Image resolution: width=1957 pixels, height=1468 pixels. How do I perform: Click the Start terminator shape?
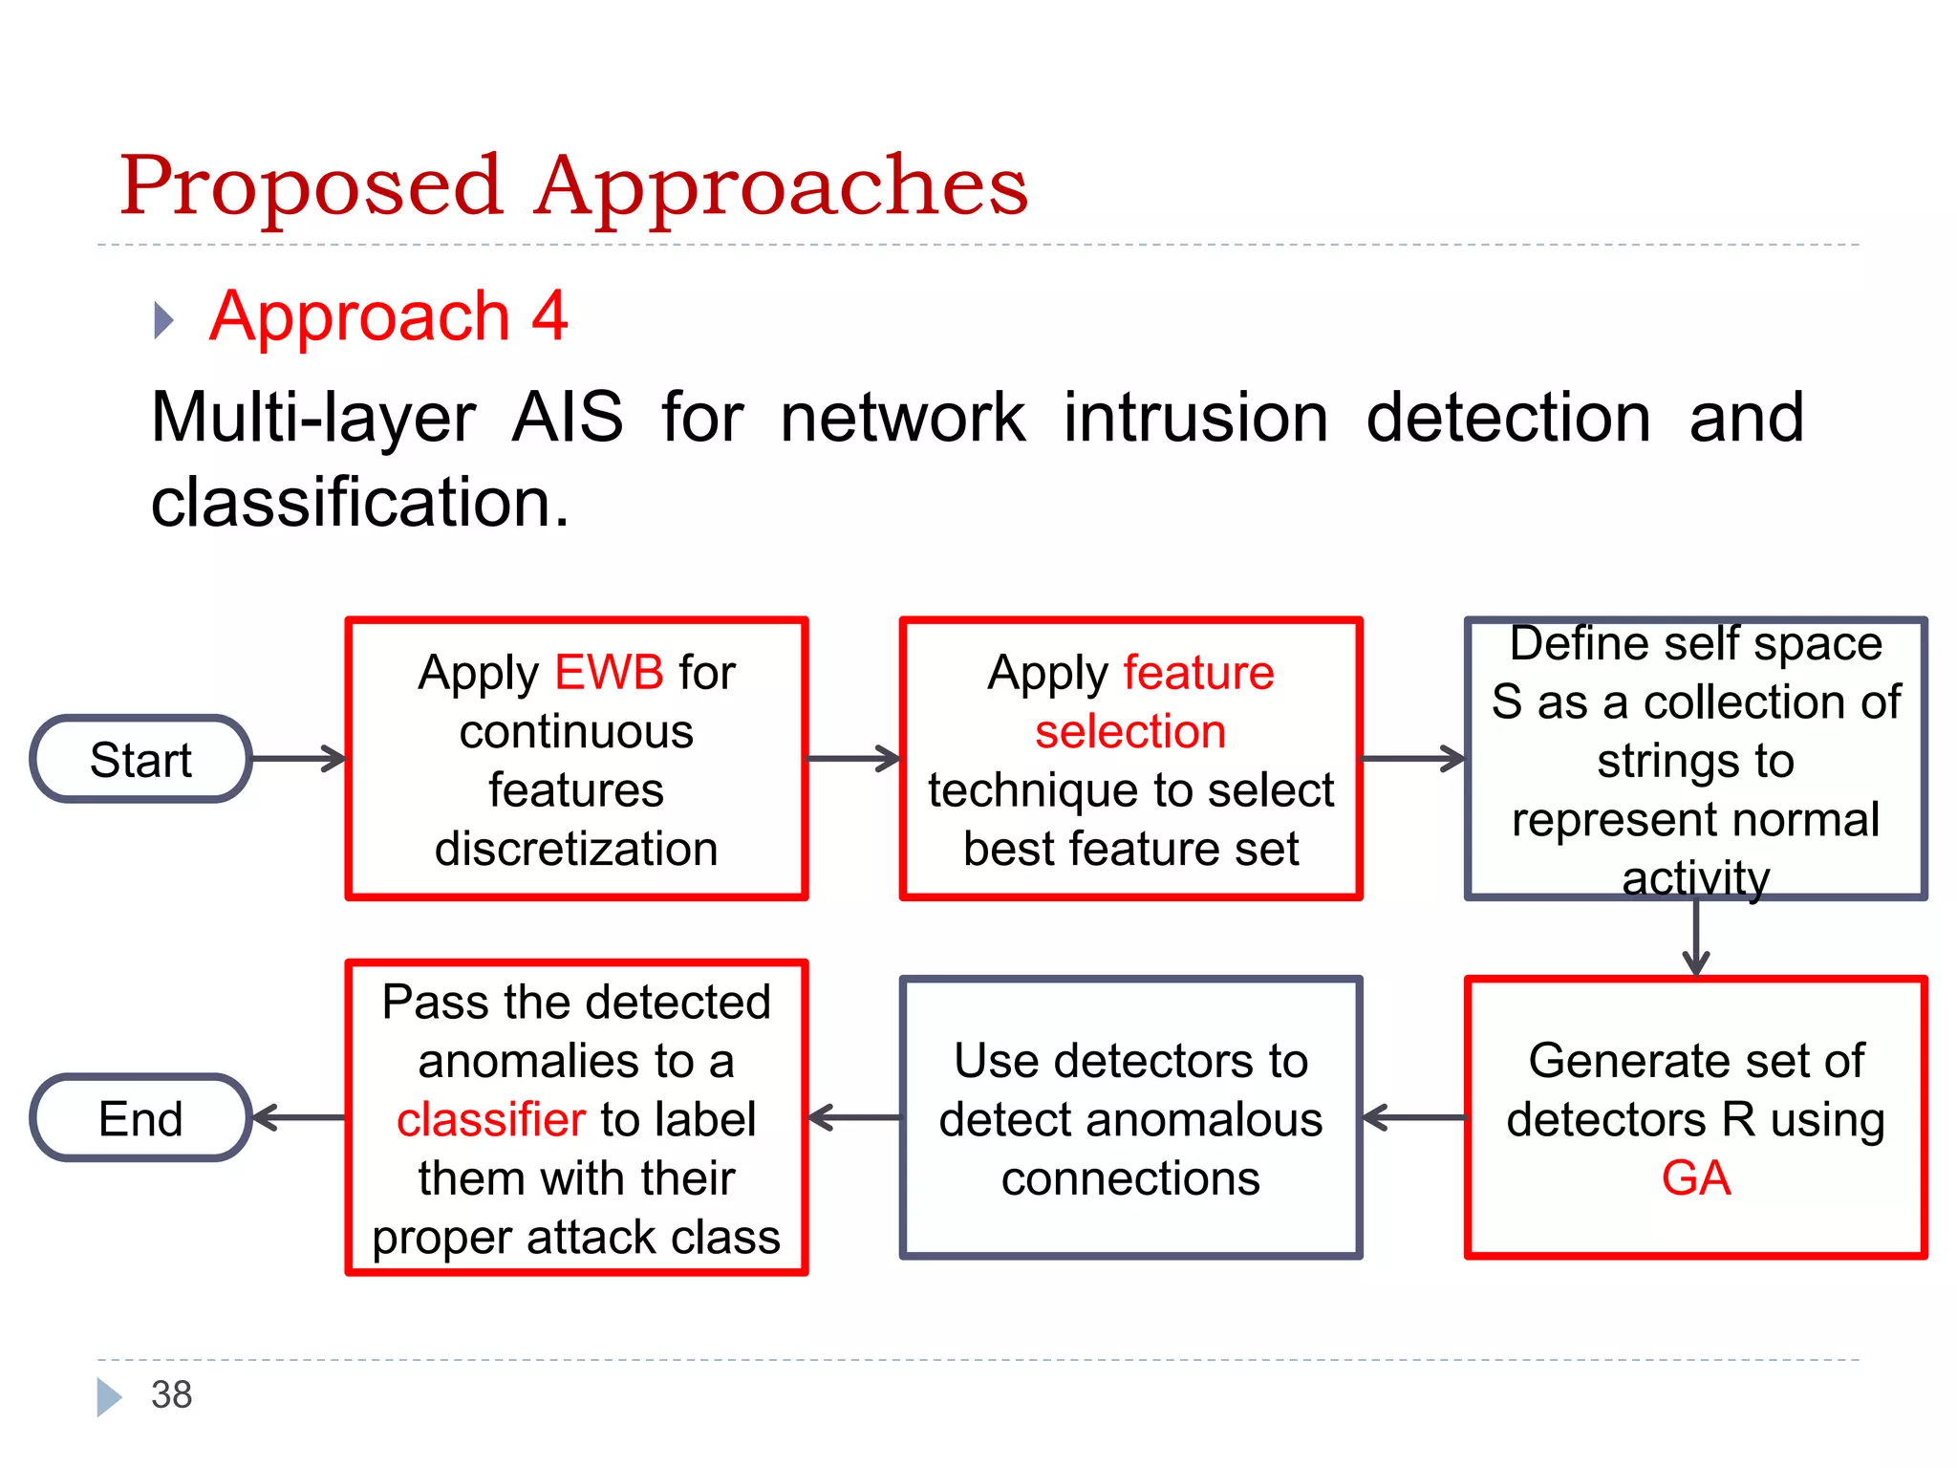(x=141, y=760)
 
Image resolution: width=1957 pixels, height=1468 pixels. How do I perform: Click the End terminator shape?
(x=141, y=1118)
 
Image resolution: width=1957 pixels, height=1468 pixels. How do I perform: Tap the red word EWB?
(x=609, y=672)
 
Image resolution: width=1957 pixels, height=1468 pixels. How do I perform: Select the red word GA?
(x=1695, y=1177)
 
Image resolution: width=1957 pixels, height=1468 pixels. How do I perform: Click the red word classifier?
(x=490, y=1119)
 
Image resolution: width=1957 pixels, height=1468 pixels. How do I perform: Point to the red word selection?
(x=1130, y=731)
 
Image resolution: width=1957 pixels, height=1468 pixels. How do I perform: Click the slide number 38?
(x=172, y=1394)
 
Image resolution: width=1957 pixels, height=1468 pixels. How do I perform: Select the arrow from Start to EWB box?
(x=298, y=759)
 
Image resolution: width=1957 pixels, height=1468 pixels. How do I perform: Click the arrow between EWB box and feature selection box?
(x=853, y=759)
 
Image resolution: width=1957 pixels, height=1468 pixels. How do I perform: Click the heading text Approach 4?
(x=389, y=316)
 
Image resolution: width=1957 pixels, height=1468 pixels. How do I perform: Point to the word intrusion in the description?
(x=1195, y=418)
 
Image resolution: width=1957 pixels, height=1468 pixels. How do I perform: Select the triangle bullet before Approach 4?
(x=163, y=320)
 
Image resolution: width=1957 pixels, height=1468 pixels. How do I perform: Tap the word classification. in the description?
(x=360, y=502)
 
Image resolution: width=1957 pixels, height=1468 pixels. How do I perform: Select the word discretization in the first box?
(x=576, y=849)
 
